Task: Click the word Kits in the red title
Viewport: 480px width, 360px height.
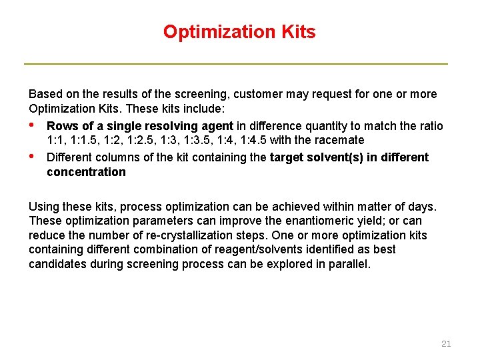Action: [x=293, y=31]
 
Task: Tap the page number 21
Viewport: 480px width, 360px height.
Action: [x=446, y=343]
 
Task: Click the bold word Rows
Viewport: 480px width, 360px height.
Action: [x=62, y=126]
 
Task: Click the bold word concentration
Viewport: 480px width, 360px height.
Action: [x=86, y=172]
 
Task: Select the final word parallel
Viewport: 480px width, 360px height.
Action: [x=349, y=264]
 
